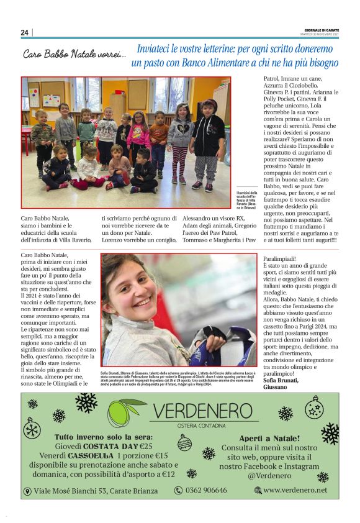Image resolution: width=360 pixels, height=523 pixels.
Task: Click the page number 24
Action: pyautogui.click(x=24, y=32)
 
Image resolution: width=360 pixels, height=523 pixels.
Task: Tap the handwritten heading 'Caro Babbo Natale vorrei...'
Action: pyautogui.click(x=74, y=55)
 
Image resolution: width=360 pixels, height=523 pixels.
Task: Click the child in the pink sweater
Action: pyautogui.click(x=138, y=137)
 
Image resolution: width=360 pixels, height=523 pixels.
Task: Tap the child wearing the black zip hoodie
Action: pyautogui.click(x=208, y=143)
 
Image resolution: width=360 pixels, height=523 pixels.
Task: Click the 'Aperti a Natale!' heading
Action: pyautogui.click(x=269, y=437)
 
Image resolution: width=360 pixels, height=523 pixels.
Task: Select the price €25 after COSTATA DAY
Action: pyautogui.click(x=146, y=446)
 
